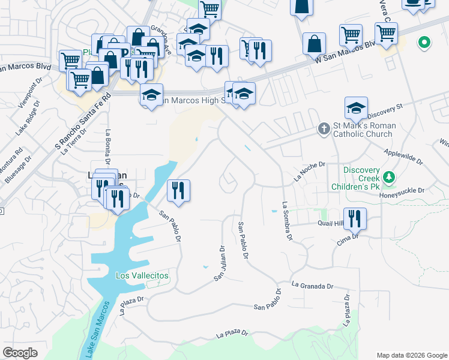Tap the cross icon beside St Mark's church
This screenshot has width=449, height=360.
(323, 128)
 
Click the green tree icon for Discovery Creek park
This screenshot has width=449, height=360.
(390, 178)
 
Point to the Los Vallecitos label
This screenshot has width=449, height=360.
(142, 275)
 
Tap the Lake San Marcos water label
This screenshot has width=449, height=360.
(97, 330)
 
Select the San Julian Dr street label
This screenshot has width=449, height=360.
(220, 263)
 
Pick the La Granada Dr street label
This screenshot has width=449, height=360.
(312, 285)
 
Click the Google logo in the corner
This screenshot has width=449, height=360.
(20, 353)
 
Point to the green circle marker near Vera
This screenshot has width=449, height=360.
(424, 42)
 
